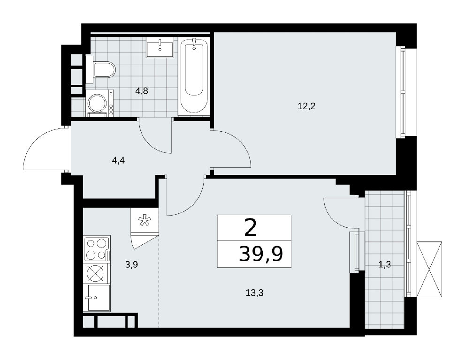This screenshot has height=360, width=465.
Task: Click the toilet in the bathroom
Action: pyautogui.click(x=100, y=70)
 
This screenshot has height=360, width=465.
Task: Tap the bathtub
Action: pyautogui.click(x=194, y=76)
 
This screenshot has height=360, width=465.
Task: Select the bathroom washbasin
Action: pyautogui.click(x=160, y=47)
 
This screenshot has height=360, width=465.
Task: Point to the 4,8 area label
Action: pyautogui.click(x=141, y=91)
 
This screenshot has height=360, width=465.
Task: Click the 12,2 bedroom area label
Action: pyautogui.click(x=306, y=106)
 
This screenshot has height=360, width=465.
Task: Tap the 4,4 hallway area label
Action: pyautogui.click(x=118, y=161)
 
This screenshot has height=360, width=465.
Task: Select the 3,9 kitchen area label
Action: pyautogui.click(x=131, y=264)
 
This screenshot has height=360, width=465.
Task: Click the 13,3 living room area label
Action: pyautogui.click(x=255, y=293)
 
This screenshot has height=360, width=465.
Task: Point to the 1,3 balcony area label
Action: pyautogui.click(x=384, y=264)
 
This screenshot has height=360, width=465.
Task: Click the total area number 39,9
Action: pyautogui.click(x=261, y=254)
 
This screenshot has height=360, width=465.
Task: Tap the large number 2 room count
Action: pyautogui.click(x=251, y=227)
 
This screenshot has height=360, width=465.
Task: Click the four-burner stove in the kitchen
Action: pyautogui.click(x=97, y=249)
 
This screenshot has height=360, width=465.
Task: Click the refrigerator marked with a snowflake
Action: pyautogui.click(x=145, y=220)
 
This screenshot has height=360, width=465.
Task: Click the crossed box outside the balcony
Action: pyautogui.click(x=429, y=269)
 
